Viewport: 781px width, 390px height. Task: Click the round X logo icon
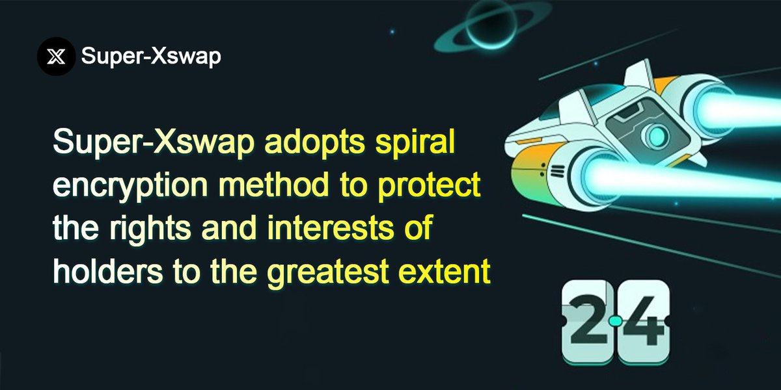tap(57, 57)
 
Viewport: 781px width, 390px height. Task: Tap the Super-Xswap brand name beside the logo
tap(151, 57)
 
